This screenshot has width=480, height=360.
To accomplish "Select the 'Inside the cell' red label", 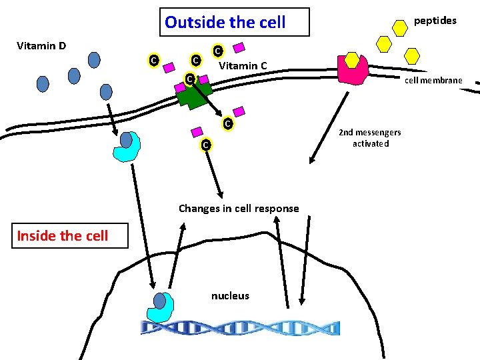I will tap(63, 235).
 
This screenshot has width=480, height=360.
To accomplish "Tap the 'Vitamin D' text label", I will tap(41, 46).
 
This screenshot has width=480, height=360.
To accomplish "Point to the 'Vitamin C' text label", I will tap(243, 65).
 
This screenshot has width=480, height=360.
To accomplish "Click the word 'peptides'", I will tap(435, 21).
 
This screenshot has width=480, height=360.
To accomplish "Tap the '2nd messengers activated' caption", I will tap(369, 138).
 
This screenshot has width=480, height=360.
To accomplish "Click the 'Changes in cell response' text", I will tap(239, 208).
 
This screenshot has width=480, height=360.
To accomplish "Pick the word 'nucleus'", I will tap(230, 295).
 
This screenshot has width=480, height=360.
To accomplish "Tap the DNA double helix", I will tap(240, 327).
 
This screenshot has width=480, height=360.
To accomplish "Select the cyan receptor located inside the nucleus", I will tap(160, 307).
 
